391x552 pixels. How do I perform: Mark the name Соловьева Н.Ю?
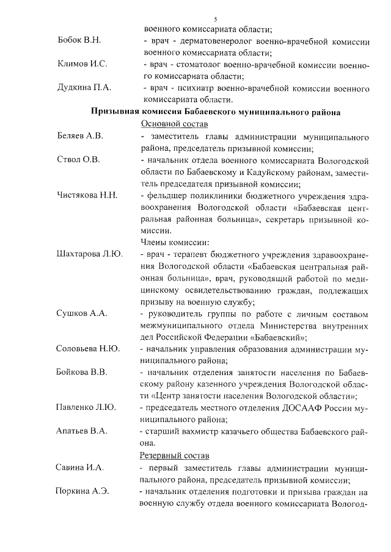(x=87, y=349)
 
